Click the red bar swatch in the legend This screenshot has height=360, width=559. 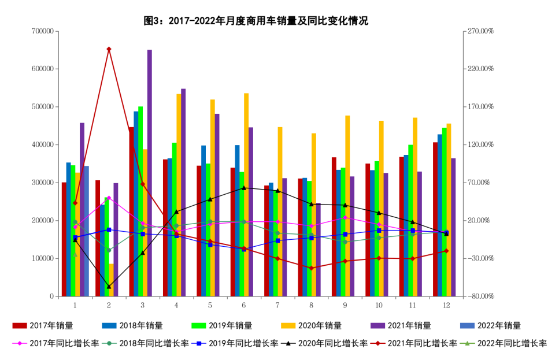point(20,326)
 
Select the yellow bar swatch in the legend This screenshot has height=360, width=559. point(288,326)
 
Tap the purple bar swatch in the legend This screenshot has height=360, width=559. point(377,326)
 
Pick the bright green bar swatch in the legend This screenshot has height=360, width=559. point(199,326)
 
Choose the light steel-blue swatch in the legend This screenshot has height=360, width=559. point(467,326)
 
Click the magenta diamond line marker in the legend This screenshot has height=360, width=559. point(20,343)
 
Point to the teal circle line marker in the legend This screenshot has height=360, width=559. point(109,343)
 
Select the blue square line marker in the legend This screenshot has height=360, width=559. point(198,343)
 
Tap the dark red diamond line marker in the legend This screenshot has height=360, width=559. point(377,343)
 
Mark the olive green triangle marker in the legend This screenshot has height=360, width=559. point(467,343)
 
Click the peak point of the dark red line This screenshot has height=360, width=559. point(109,50)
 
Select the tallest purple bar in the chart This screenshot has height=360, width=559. point(149,173)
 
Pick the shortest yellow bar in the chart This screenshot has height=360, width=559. point(111,280)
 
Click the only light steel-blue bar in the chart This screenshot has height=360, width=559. point(87,231)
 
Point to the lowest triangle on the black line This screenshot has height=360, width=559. point(109,287)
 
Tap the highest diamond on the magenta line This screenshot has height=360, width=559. point(109,198)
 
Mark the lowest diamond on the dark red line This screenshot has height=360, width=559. point(311,268)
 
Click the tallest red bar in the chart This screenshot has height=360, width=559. point(131,211)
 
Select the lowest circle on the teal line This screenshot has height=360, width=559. point(109,250)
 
